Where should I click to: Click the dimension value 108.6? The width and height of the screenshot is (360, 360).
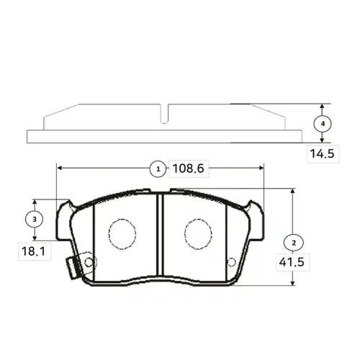(x=189, y=168)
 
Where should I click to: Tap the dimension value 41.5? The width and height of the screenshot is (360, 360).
(x=292, y=262)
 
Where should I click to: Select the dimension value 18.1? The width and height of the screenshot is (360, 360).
(x=33, y=251)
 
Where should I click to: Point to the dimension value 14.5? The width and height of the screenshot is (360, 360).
(x=323, y=153)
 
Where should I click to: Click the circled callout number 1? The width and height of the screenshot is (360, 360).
(x=158, y=169)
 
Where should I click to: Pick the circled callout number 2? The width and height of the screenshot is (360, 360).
(x=294, y=243)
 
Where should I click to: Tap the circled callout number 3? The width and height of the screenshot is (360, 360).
(x=35, y=219)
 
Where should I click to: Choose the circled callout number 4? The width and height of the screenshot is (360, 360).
(x=323, y=124)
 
